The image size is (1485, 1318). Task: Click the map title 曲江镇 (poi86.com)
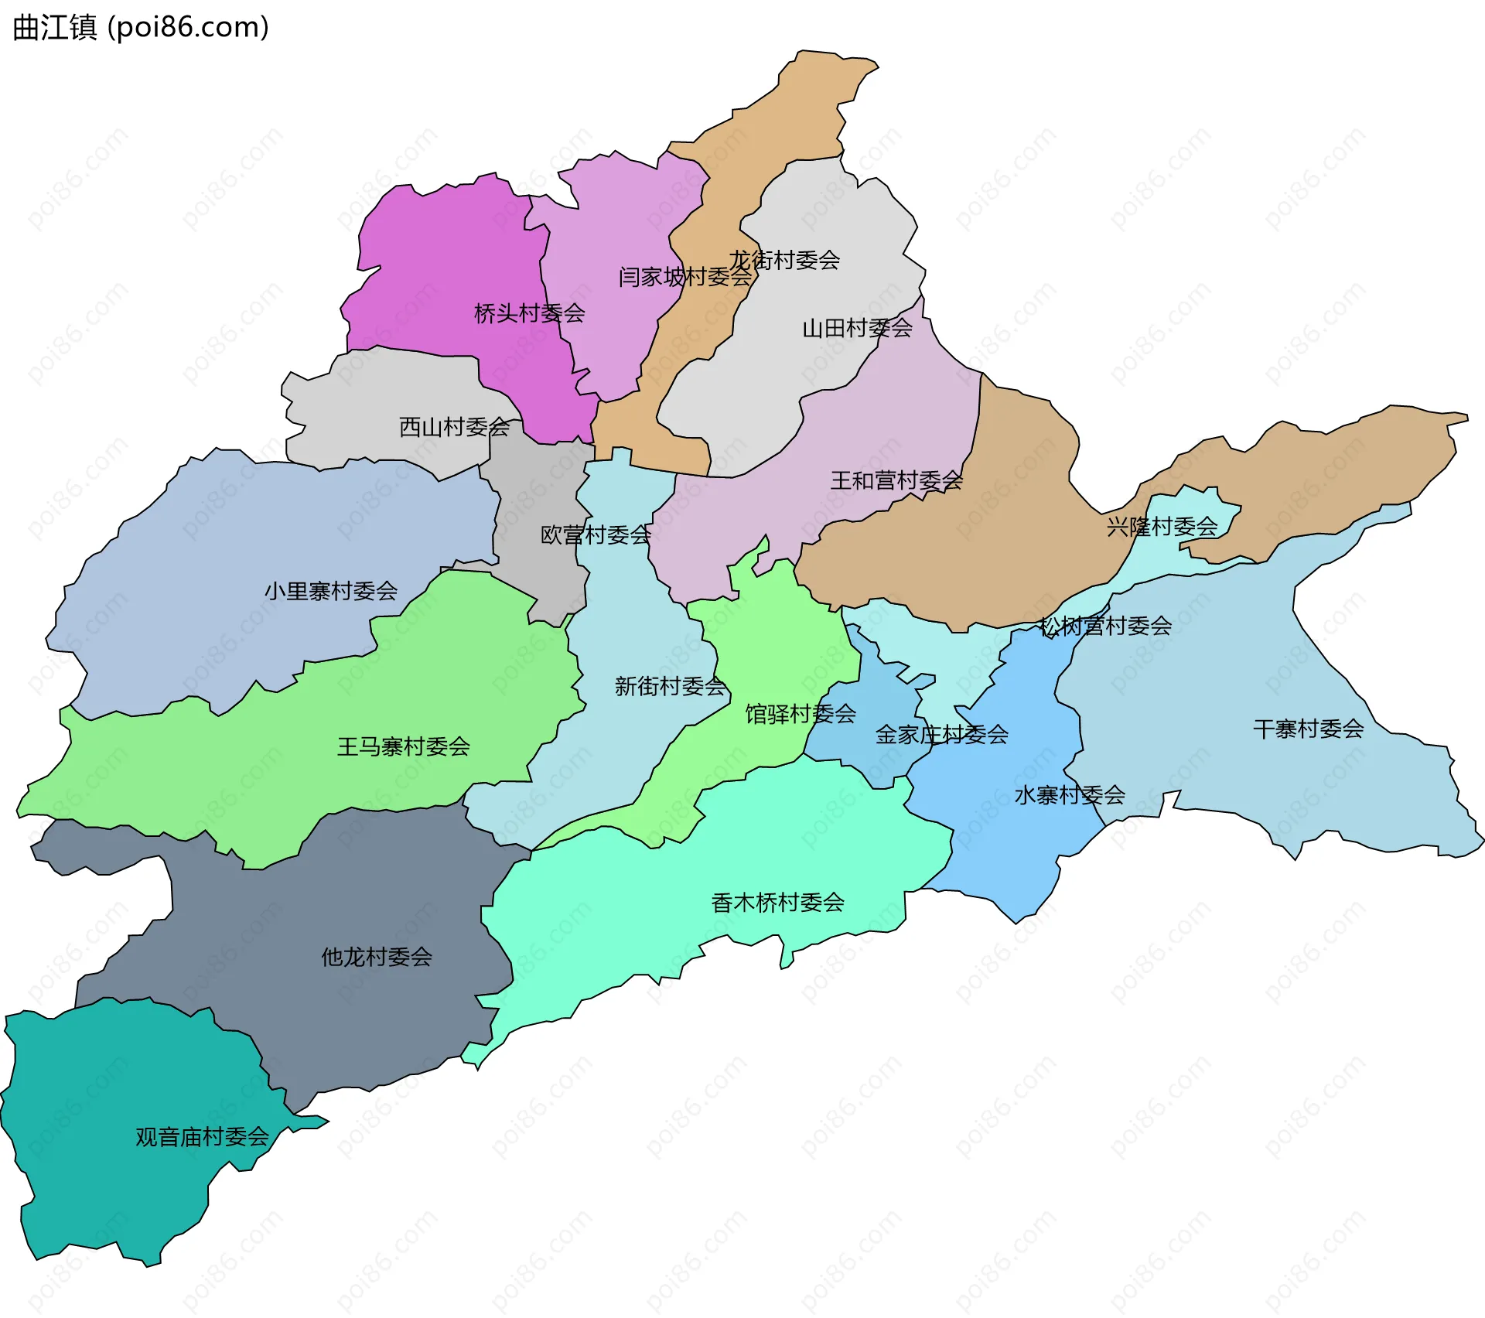[x=141, y=27]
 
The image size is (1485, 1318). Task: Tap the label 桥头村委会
[x=529, y=313]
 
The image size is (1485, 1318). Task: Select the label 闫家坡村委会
[x=684, y=276]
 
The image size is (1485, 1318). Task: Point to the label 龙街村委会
[x=784, y=260]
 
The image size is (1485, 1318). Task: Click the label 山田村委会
[x=857, y=328]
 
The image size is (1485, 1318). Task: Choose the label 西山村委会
[x=454, y=426]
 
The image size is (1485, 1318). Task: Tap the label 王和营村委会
[x=896, y=480]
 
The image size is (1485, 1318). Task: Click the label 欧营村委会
[x=596, y=534]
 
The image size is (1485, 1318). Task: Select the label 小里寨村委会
[x=331, y=591]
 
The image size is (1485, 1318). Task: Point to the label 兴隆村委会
[x=1162, y=527]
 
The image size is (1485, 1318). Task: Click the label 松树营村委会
[x=1105, y=625]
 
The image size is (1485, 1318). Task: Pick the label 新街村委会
[x=670, y=685]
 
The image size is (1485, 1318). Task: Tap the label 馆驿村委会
[x=801, y=713]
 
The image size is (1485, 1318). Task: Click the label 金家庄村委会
[x=941, y=734]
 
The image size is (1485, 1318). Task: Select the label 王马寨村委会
[x=403, y=746]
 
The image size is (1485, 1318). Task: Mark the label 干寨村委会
[x=1308, y=729]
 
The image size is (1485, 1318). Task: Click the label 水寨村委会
[x=1069, y=794]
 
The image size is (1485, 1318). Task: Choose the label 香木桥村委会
[x=777, y=902]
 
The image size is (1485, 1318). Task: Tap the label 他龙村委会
[x=377, y=957]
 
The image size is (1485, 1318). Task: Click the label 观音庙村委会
[x=202, y=1136]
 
